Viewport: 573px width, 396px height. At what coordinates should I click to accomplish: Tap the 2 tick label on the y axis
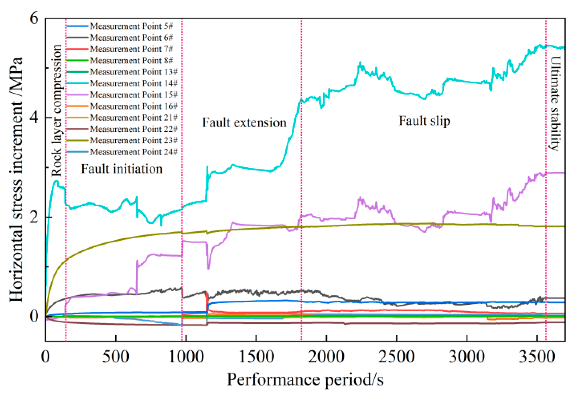[x=34, y=217]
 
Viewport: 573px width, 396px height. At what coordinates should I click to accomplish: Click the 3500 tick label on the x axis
[x=537, y=357]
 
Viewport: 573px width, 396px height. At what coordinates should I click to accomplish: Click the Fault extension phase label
[x=244, y=123]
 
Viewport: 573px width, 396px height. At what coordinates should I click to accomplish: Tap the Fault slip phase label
[x=424, y=121]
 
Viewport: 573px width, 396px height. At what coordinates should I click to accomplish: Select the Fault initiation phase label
[x=121, y=169]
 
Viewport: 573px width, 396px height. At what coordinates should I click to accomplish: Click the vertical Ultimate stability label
[x=555, y=103]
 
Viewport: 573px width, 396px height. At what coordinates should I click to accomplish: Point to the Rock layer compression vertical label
[x=56, y=110]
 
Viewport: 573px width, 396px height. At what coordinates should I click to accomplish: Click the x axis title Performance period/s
[x=305, y=379]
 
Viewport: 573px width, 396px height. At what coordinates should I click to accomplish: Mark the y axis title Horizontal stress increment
[x=16, y=179]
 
